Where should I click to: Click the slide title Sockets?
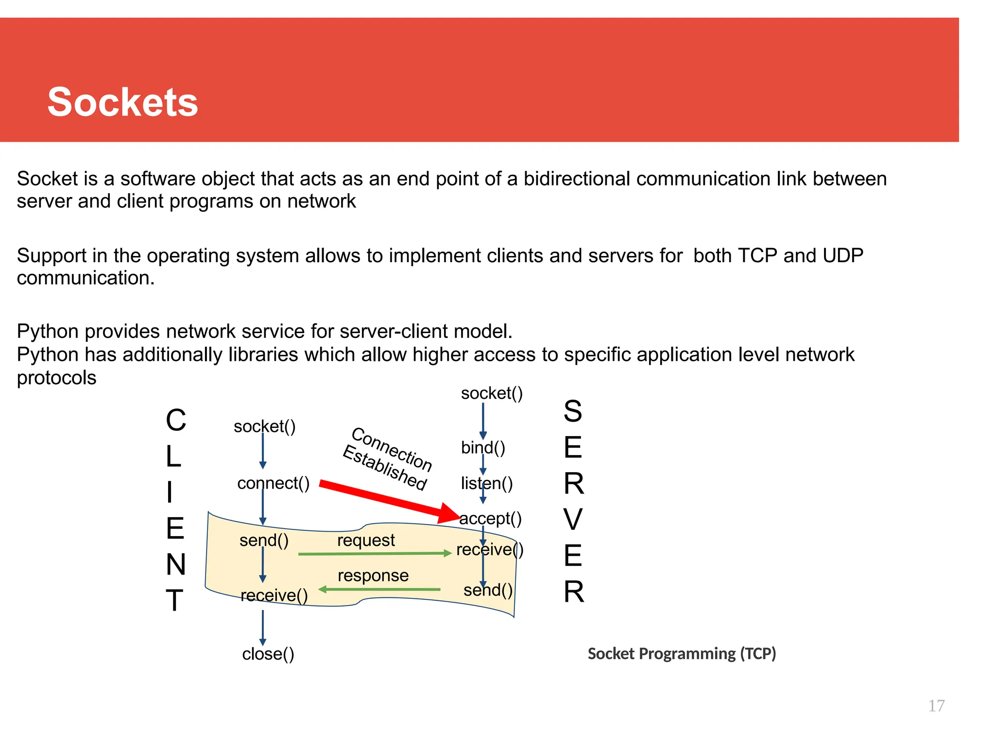[x=122, y=102]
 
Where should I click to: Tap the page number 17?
[x=936, y=706]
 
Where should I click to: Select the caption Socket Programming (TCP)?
[x=681, y=654]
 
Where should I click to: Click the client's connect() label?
[x=273, y=483]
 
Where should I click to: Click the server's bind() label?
[x=483, y=447]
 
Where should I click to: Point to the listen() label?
[x=486, y=484]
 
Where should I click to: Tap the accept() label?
[x=491, y=519]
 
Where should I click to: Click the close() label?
[x=268, y=654]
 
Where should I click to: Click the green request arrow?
[x=374, y=554]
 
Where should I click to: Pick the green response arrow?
[x=379, y=590]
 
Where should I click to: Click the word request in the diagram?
[x=366, y=540]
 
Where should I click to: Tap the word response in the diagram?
[x=373, y=576]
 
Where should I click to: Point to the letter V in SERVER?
[x=573, y=520]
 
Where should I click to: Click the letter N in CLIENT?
[x=176, y=564]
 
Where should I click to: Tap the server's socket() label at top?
[x=492, y=393]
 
